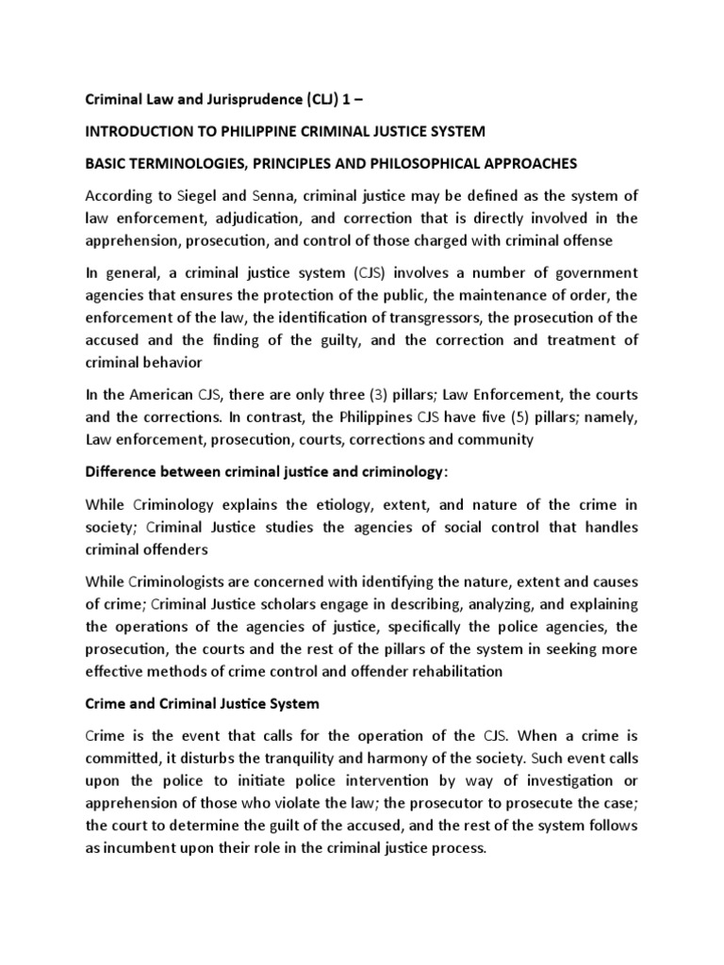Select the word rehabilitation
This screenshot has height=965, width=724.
[444, 670]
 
